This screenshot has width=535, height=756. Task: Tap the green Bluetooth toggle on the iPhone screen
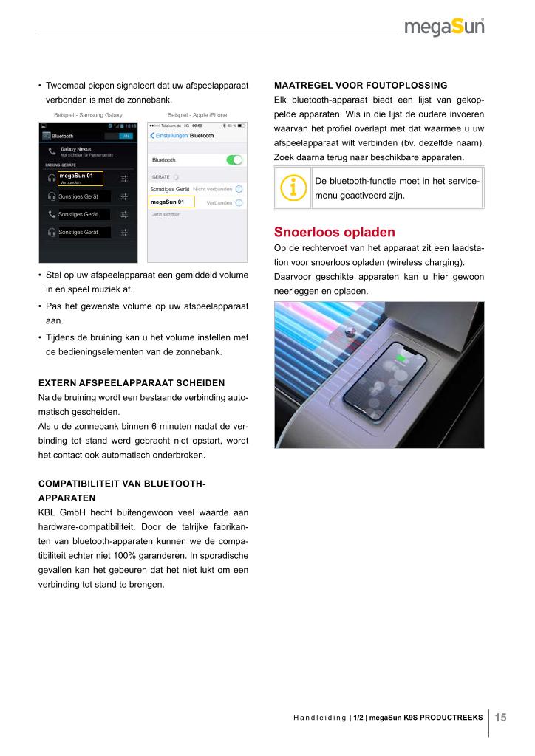pyautogui.click(x=235, y=159)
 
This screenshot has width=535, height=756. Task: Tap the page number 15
pyautogui.click(x=501, y=717)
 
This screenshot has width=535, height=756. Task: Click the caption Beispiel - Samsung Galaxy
pyautogui.click(x=88, y=115)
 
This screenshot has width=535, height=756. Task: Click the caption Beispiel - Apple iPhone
pyautogui.click(x=197, y=115)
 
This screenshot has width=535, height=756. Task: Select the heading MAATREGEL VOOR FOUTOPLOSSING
pyautogui.click(x=361, y=85)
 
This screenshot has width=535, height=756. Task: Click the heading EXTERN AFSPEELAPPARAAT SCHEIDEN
pyautogui.click(x=132, y=383)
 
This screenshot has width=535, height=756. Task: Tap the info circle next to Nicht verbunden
pyautogui.click(x=239, y=190)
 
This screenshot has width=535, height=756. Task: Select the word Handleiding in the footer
pyautogui.click(x=319, y=717)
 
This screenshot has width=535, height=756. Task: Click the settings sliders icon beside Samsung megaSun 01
pyautogui.click(x=125, y=179)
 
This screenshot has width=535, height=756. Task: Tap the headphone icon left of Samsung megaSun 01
pyautogui.click(x=51, y=179)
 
